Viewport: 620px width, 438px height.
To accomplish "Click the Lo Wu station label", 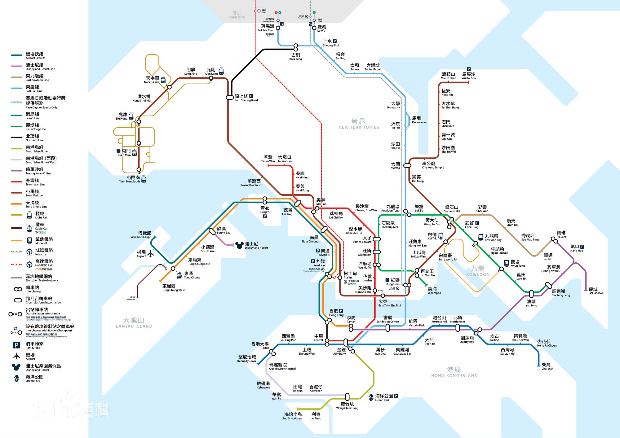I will tap(321, 28).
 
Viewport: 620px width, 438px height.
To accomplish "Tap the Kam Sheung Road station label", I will tap(246, 98).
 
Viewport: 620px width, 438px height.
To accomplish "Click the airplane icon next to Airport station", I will tap(151, 254).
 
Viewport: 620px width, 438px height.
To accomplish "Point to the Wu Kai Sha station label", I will tap(468, 76).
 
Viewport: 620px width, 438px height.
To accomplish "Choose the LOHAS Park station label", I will tap(596, 291).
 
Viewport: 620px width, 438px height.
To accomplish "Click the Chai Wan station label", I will tap(547, 366).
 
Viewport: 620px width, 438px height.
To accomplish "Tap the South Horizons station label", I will tap(292, 416).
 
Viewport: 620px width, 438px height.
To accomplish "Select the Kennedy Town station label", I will tap(247, 359).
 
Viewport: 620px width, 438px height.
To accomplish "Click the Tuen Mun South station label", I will tap(130, 179).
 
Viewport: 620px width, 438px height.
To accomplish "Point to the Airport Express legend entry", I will tap(35, 55).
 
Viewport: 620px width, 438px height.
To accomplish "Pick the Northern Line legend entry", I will tap(34, 138).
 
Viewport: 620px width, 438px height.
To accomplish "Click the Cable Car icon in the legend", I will tap(29, 228).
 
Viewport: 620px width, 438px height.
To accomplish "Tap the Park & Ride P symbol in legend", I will tap(17, 345).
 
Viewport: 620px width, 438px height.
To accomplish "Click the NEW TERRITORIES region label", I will tap(358, 124).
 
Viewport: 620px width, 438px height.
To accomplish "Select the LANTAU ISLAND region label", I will tap(134, 323).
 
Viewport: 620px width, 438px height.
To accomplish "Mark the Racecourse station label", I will tap(418, 120).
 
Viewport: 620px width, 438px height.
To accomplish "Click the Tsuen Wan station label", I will tap(268, 159).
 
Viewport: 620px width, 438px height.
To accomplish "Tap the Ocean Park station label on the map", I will tap(384, 398).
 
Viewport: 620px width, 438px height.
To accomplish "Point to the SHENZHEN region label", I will tap(237, 15).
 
